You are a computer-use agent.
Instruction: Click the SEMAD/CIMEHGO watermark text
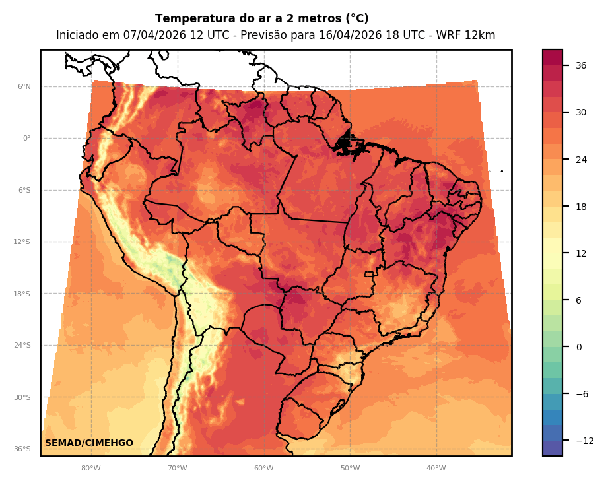click(89, 443)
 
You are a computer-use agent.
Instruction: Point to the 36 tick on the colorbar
click(581, 65)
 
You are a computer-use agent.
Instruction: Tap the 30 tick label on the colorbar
click(581, 112)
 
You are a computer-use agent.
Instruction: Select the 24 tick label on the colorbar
click(581, 160)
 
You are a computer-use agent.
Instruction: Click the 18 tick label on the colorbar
click(581, 207)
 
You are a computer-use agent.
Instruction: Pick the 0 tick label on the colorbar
click(578, 347)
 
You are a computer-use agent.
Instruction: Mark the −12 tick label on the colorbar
click(584, 441)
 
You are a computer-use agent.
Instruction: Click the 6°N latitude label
click(24, 86)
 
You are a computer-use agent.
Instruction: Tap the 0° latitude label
click(26, 139)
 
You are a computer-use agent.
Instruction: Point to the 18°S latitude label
click(22, 294)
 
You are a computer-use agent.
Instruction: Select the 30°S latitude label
click(22, 397)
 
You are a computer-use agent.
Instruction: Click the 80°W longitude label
click(90, 469)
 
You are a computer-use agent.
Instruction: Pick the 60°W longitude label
click(263, 469)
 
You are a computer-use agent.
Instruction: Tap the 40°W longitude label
click(436, 469)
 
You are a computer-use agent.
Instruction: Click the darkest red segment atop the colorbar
click(553, 57)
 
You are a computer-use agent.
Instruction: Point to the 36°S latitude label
click(22, 449)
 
